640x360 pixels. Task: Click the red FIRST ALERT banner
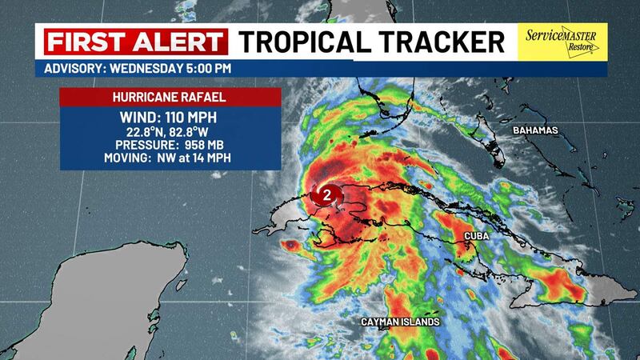133,41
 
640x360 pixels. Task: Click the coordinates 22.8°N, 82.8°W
170,133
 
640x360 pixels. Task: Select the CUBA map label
479,237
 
